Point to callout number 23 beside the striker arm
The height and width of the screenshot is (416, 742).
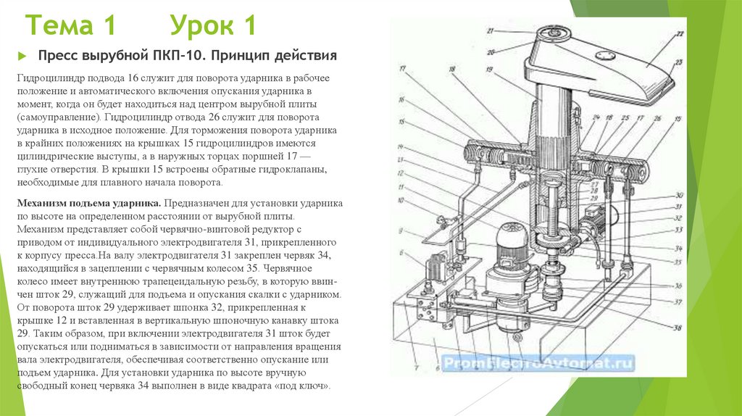pos(678,62)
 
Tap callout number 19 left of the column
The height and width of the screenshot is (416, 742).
pos(490,70)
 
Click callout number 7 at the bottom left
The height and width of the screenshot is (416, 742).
pos(417,367)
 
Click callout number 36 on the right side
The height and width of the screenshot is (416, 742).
pos(678,285)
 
